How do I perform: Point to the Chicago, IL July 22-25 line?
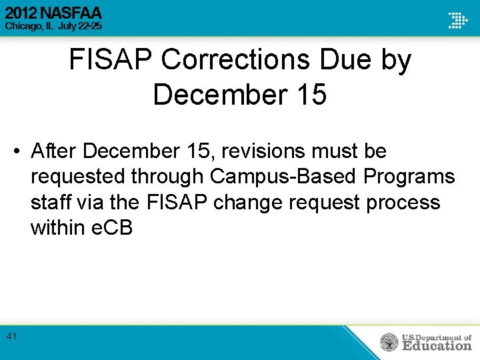click(x=53, y=25)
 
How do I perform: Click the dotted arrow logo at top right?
click(x=457, y=20)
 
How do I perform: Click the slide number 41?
click(x=11, y=337)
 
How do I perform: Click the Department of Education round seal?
click(x=389, y=343)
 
